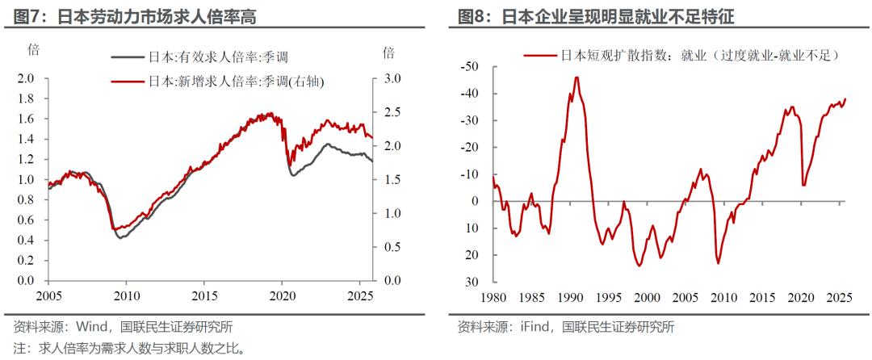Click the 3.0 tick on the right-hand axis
pyautogui.click(x=392, y=78)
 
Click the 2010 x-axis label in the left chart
pyautogui.click(x=127, y=295)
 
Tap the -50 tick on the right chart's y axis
pyautogui.click(x=469, y=66)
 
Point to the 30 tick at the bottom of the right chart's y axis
pyautogui.click(x=473, y=282)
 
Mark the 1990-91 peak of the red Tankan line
pyautogui.click(x=576, y=77)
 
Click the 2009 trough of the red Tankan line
pyautogui.click(x=718, y=263)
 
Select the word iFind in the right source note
pyautogui.click(x=534, y=328)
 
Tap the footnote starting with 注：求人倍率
pyautogui.click(x=129, y=350)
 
